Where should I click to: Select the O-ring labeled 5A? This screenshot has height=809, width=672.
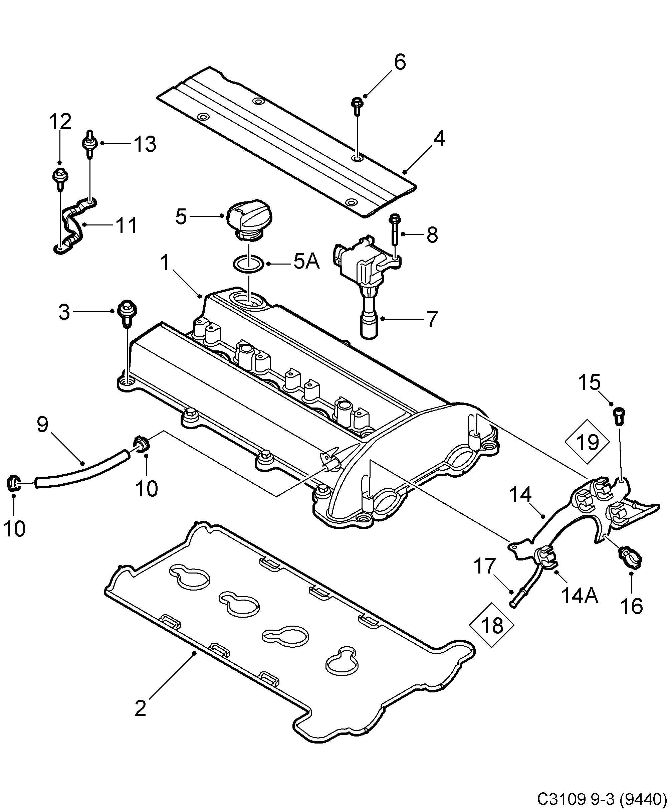[x=248, y=265]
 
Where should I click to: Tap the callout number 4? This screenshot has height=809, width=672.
[x=439, y=139]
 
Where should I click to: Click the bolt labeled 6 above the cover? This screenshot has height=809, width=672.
[x=356, y=106]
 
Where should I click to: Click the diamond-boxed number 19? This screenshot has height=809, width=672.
[x=588, y=442]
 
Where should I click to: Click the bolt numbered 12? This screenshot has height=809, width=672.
[x=60, y=179]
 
